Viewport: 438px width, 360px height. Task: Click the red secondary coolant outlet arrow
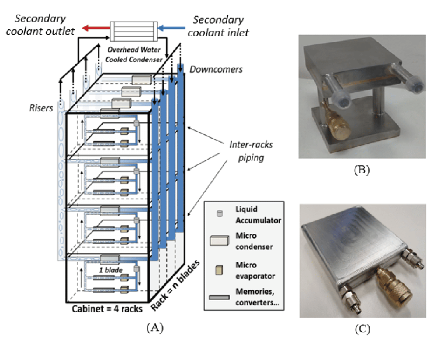[x=96, y=28]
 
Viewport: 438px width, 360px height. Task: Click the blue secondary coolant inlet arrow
[x=171, y=28]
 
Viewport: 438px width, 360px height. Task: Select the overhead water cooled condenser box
[x=134, y=31]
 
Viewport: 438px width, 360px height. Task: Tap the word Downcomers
[x=216, y=69]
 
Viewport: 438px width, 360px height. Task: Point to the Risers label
[x=41, y=108]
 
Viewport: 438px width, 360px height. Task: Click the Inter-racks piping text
[x=251, y=151]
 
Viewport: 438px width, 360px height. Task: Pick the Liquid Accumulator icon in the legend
[x=220, y=213]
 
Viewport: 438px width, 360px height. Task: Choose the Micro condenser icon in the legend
[x=220, y=241]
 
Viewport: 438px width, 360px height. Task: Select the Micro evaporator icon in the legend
[x=219, y=270]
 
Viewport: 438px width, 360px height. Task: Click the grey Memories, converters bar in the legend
[x=220, y=297]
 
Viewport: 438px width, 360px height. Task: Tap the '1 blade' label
[x=111, y=270]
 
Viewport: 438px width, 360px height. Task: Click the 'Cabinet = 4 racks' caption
[x=107, y=309]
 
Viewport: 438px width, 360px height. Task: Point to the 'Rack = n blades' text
[x=175, y=285]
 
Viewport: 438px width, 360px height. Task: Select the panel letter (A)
[x=155, y=328]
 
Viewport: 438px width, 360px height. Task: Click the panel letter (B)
[x=362, y=170]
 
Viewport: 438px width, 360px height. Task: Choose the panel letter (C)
[x=362, y=329]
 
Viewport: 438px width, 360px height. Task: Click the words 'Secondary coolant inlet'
[x=218, y=26]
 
